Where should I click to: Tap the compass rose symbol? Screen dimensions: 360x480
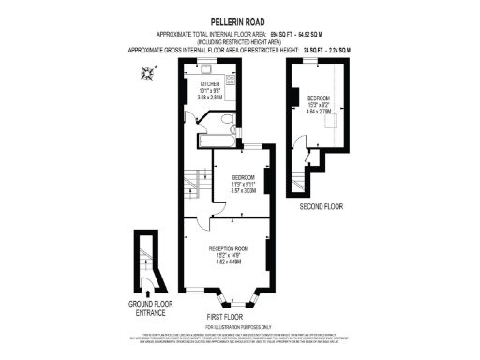click(145, 71)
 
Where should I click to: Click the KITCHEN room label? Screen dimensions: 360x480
click(209, 83)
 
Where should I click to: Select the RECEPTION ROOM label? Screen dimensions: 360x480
click(226, 248)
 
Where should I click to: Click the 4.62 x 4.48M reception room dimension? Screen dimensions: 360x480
click(226, 262)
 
